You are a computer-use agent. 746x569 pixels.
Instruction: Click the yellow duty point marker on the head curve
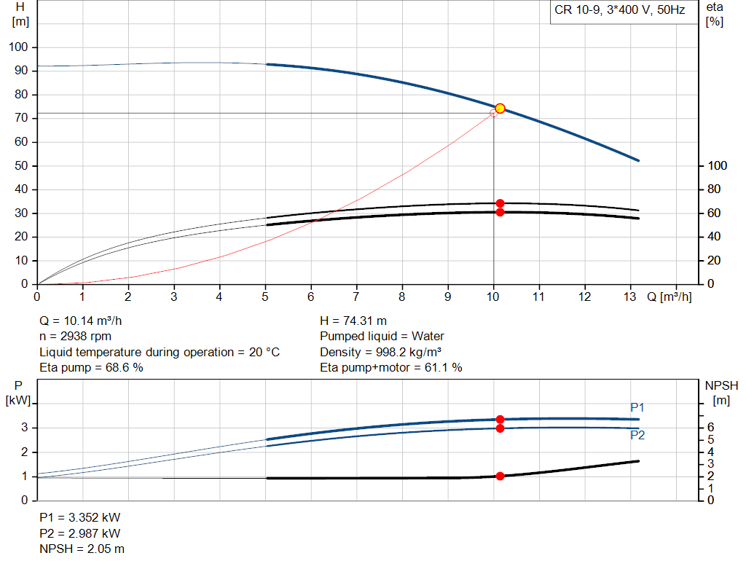tap(500, 109)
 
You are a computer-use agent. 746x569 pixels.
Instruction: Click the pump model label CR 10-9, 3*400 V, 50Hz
tap(619, 12)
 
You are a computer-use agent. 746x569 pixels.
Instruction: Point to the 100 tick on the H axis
tap(18, 47)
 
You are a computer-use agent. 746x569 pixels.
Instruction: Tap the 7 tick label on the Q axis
tap(356, 297)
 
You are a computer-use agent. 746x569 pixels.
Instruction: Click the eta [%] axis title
tap(714, 14)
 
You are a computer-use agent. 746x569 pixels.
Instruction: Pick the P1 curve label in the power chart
tap(637, 407)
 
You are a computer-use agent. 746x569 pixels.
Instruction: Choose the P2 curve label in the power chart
tap(637, 436)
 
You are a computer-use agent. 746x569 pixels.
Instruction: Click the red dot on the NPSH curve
tap(500, 476)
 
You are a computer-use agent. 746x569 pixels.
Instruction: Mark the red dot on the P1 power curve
tap(500, 420)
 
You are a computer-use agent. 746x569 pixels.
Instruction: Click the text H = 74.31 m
tap(353, 321)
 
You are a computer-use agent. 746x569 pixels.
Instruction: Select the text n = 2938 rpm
tap(75, 336)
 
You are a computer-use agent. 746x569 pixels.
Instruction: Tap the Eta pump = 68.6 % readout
tap(91, 368)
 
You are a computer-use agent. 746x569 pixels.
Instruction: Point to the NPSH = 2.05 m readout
tap(82, 549)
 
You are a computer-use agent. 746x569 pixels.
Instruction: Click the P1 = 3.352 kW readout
tap(80, 517)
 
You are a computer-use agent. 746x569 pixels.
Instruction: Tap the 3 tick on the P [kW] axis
tap(25, 428)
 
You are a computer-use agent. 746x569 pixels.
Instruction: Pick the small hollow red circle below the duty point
tap(493, 114)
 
